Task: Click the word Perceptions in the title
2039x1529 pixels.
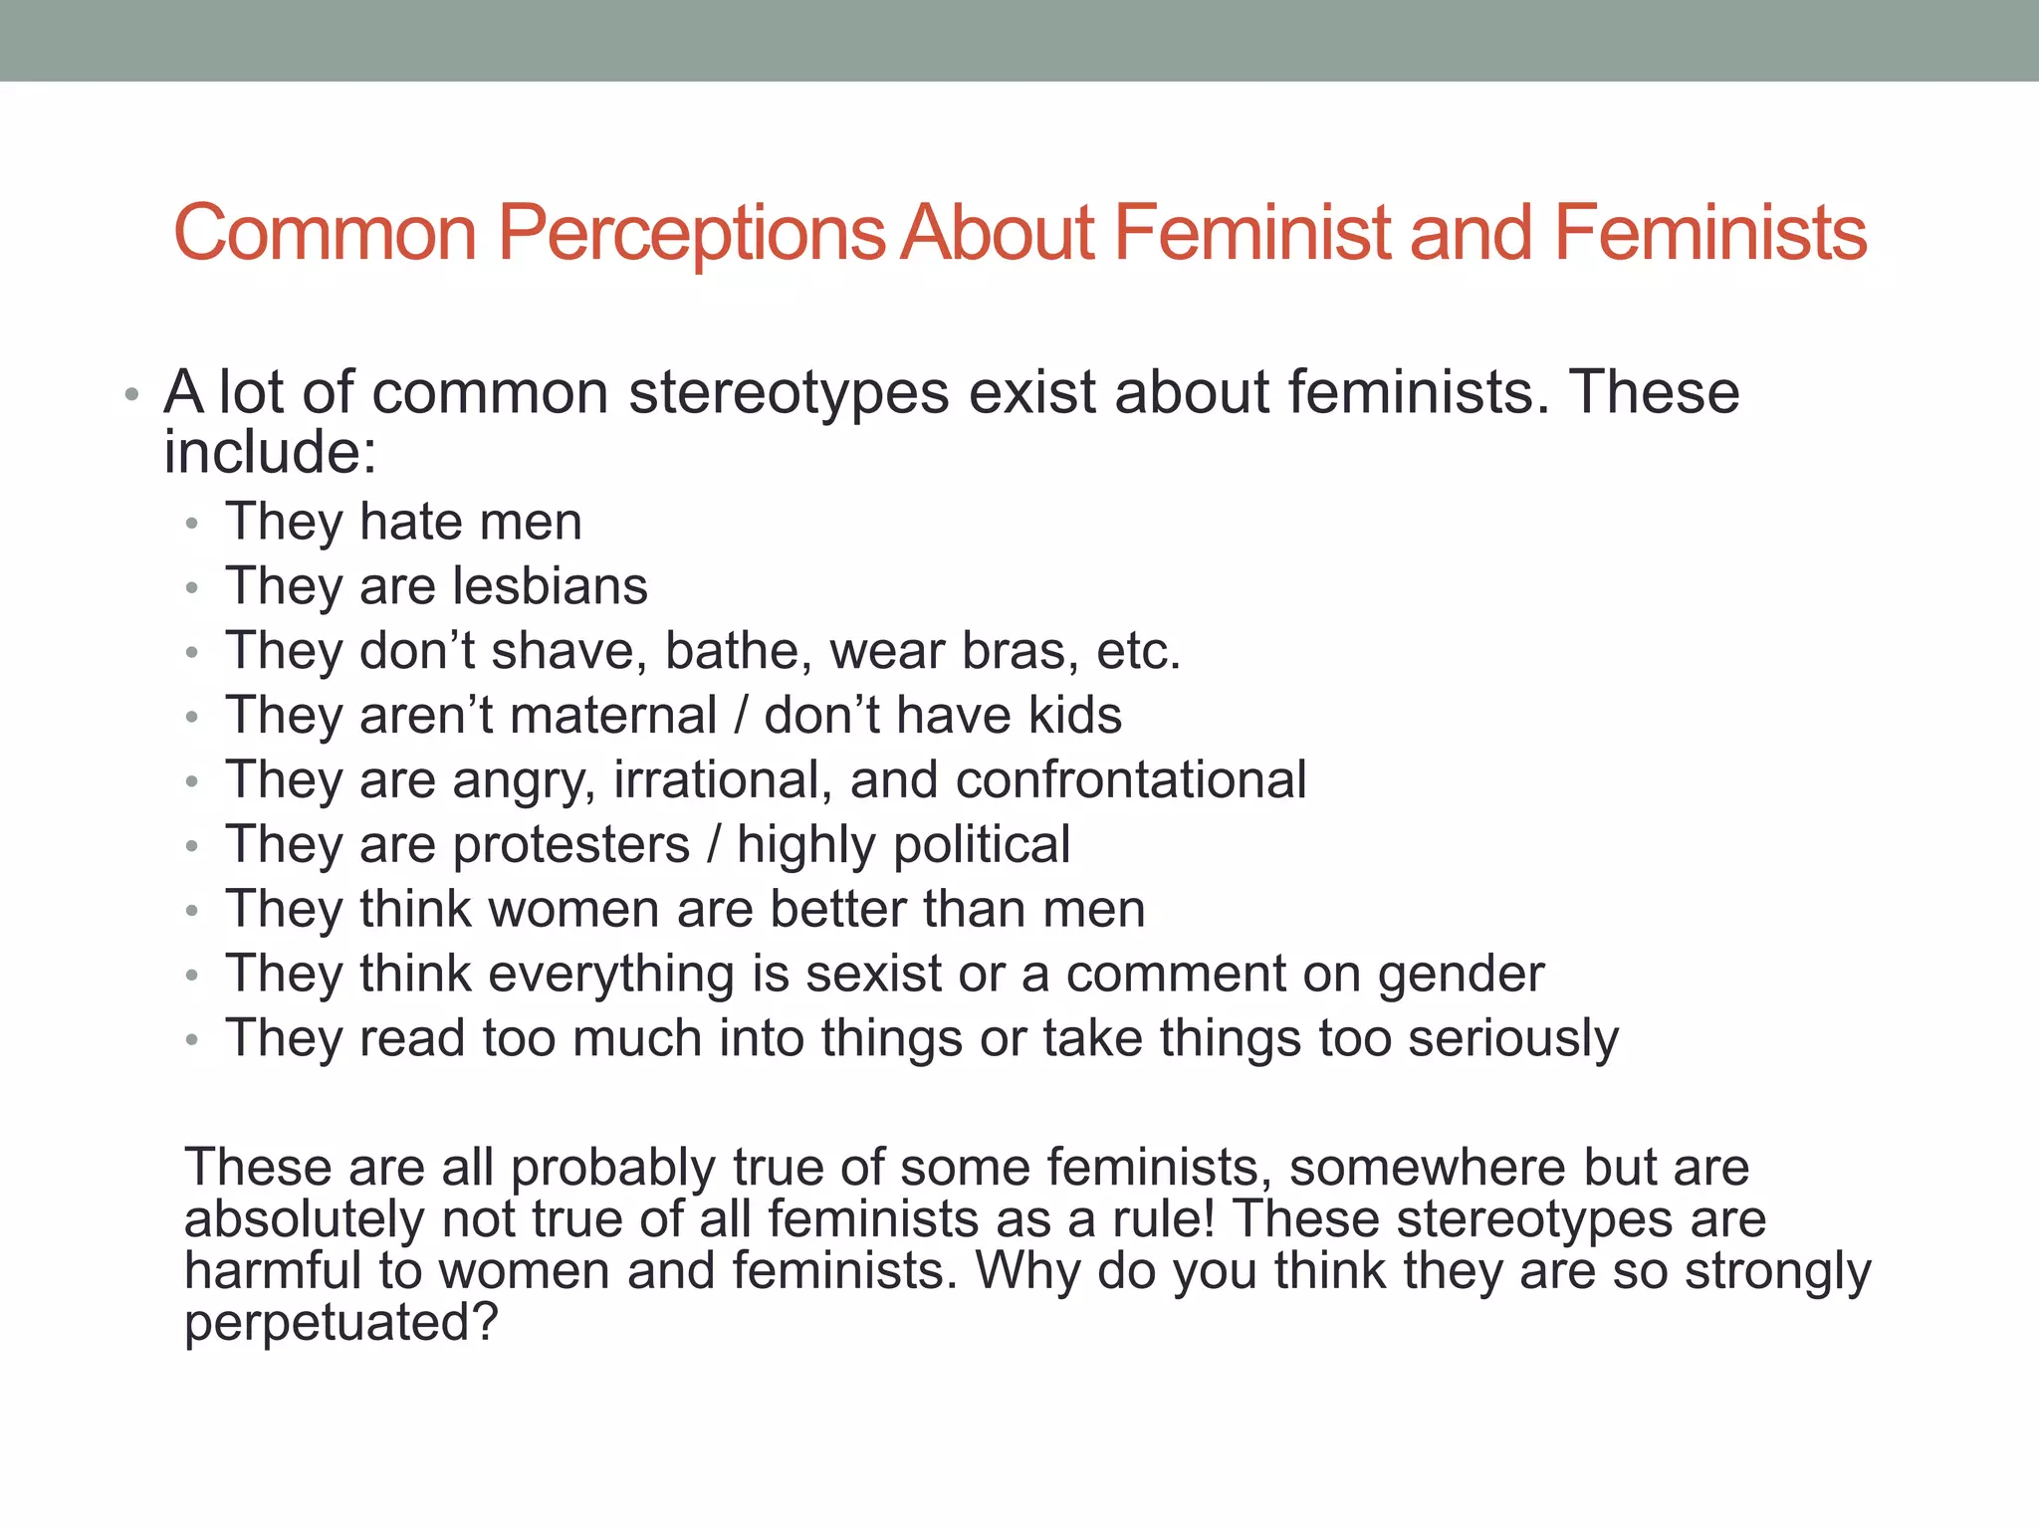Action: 691,233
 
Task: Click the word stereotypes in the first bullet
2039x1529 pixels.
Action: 789,393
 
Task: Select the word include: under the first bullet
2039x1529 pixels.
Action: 270,453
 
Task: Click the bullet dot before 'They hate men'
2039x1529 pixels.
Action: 193,524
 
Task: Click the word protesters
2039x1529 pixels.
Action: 570,845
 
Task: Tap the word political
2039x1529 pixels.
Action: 982,845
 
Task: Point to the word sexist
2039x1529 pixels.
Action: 873,974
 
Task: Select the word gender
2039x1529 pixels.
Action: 1461,976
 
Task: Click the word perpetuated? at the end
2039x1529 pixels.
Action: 340,1324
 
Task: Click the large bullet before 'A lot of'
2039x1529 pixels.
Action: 131,396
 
